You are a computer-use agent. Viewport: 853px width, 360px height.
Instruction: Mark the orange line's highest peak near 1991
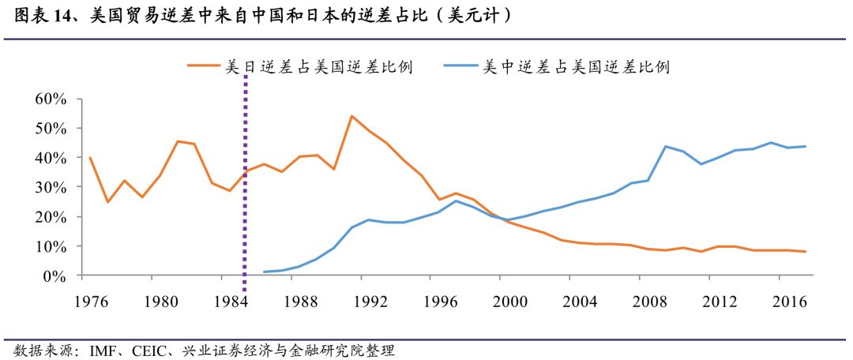coord(351,116)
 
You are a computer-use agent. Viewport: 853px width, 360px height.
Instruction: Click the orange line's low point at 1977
coord(107,202)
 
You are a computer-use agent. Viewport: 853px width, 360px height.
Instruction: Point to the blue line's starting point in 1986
coord(264,272)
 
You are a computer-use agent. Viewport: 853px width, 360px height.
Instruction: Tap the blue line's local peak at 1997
coord(457,201)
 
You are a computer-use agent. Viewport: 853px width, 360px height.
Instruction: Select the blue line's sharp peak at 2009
coord(667,146)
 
